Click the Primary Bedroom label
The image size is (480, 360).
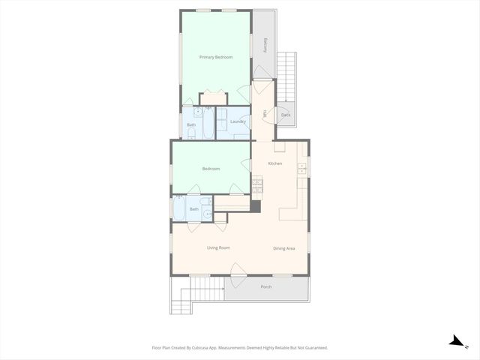point(215,57)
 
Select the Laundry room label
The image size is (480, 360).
point(238,121)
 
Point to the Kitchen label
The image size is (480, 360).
point(275,163)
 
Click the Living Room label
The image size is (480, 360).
point(218,247)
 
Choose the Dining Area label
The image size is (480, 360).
point(284,248)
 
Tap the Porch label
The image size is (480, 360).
point(266,287)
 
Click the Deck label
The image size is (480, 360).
point(286,115)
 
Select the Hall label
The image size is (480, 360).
point(265,114)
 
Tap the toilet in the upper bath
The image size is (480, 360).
point(191,134)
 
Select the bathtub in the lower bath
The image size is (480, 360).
point(180,208)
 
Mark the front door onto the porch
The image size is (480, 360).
point(237,271)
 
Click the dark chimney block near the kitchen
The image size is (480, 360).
point(256,205)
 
